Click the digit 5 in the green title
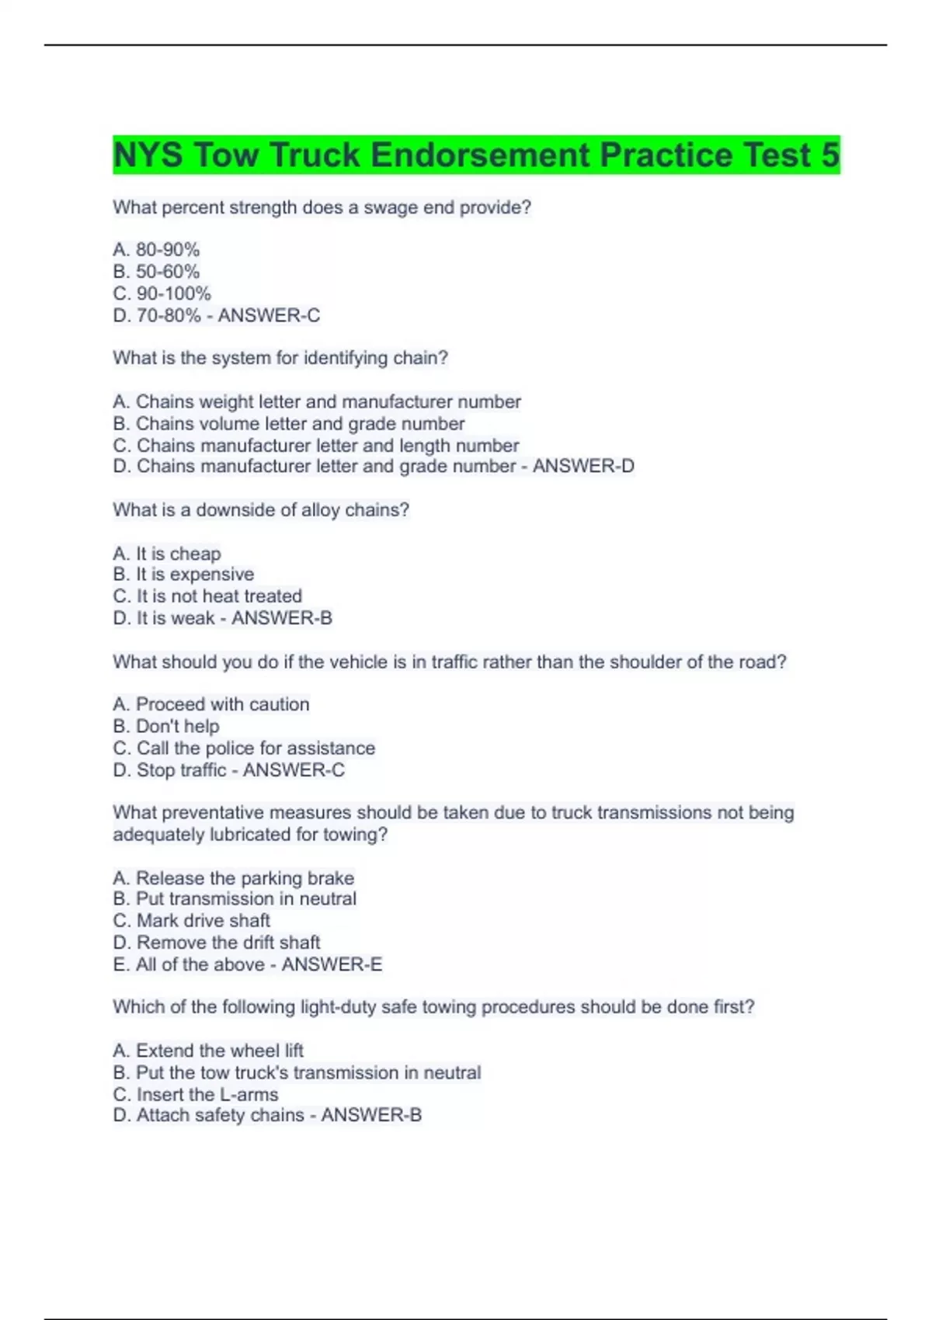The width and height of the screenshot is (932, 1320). [x=829, y=155]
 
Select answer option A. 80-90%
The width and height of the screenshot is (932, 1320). [x=156, y=250]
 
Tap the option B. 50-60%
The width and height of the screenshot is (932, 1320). [x=156, y=272]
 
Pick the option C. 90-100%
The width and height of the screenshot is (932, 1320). [x=162, y=294]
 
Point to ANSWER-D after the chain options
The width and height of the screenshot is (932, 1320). [x=583, y=466]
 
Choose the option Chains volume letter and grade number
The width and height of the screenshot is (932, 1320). [x=289, y=424]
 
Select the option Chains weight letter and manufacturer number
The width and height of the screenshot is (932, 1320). [x=317, y=402]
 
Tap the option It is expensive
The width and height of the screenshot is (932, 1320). [x=184, y=575]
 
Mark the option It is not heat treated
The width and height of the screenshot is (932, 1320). [x=207, y=596]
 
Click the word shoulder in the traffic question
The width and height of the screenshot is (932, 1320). [x=650, y=662]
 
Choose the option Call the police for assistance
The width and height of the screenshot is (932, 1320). [x=244, y=749]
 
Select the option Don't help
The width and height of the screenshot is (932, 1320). [x=166, y=727]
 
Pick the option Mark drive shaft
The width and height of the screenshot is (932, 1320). [x=192, y=921]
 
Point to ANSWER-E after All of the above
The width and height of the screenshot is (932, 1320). [x=332, y=964]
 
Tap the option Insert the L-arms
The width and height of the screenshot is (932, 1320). [x=196, y=1095]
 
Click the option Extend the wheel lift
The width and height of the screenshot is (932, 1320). [x=208, y=1051]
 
